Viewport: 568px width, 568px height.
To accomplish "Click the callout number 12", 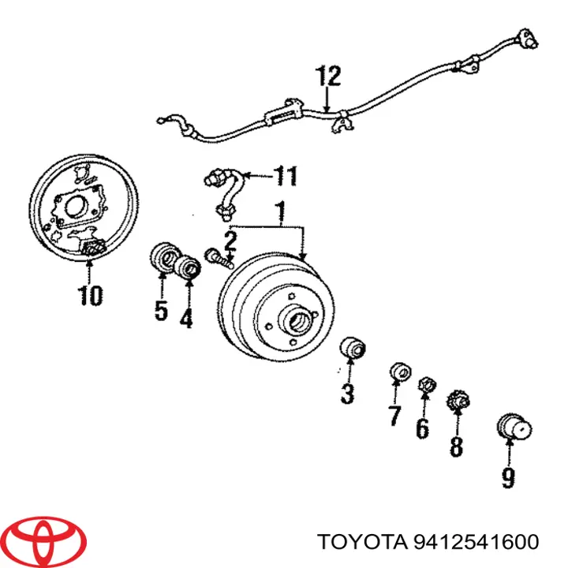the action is (328, 76).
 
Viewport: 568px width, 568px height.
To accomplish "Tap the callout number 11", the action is (286, 176).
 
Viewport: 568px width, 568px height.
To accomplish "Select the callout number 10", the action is (90, 295).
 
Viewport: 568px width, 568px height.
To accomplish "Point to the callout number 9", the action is (508, 478).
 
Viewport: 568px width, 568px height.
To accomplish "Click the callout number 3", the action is (347, 394).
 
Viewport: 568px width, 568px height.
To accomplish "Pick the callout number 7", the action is (394, 415).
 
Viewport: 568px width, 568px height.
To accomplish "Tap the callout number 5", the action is (161, 310).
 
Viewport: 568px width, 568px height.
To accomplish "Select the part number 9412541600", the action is (476, 542).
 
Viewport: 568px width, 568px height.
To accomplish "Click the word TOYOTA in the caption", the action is (362, 542).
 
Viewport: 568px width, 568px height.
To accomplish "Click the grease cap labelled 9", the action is (514, 428).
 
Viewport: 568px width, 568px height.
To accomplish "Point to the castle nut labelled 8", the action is (458, 400).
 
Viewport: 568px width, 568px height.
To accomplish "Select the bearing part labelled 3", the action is (353, 348).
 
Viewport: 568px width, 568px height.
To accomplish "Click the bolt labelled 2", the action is (219, 258).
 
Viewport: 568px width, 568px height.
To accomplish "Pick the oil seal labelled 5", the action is (165, 257).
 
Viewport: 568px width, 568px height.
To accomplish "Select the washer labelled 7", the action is (400, 372).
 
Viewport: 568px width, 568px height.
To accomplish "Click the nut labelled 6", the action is (427, 385).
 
